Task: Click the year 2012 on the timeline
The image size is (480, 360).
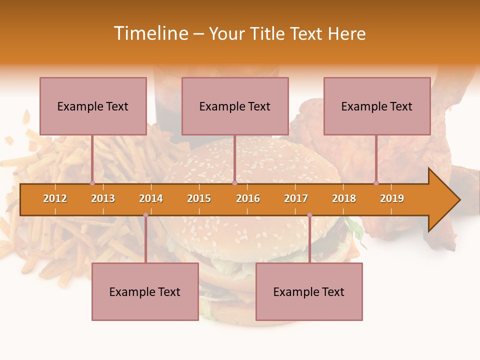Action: (55, 198)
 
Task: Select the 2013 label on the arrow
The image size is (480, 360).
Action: (103, 198)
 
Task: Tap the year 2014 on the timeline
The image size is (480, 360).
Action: (151, 198)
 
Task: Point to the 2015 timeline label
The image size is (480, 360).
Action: (199, 198)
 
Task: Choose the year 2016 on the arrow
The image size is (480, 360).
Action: (248, 198)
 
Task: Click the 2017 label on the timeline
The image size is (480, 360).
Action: (296, 198)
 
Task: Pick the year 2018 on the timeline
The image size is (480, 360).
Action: (344, 198)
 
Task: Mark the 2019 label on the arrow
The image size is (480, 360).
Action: (392, 198)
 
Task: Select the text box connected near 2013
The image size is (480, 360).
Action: (93, 106)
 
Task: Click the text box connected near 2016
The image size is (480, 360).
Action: (235, 106)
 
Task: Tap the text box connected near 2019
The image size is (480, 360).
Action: (377, 106)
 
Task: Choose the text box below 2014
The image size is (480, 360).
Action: (145, 291)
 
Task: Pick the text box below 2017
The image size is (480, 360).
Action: (309, 291)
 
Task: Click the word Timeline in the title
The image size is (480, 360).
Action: (150, 33)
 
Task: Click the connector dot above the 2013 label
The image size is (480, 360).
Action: (92, 183)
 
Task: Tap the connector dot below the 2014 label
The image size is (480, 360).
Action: (145, 215)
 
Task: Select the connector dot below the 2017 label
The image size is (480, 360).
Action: (309, 215)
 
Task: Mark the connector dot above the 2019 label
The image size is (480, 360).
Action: (376, 183)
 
